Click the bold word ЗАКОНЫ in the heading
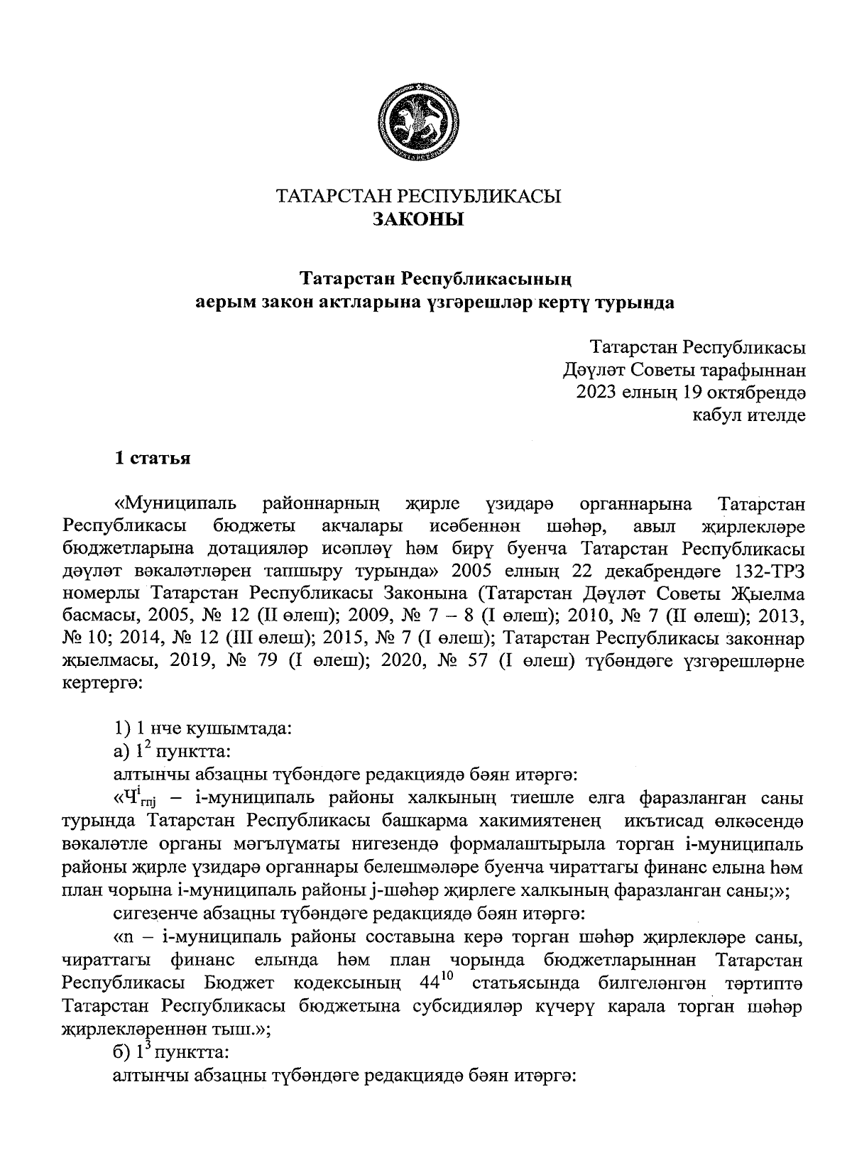418,219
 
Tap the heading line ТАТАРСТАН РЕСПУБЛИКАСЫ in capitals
418,196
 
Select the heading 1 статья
153,457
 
